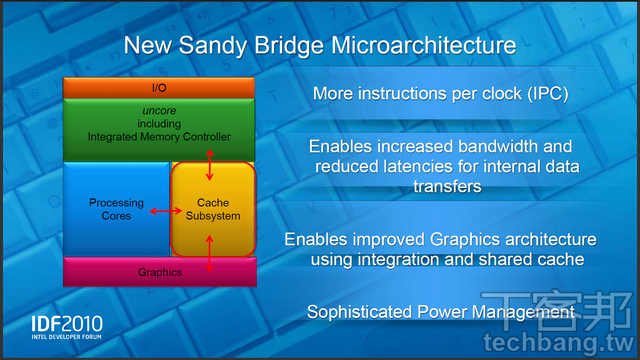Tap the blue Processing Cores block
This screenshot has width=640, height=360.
116,209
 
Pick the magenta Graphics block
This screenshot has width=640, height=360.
160,272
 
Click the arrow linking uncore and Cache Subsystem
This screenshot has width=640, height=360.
210,158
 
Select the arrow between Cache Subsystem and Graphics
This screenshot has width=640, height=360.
210,253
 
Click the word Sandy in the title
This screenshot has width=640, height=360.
237,46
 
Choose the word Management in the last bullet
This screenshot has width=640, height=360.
523,314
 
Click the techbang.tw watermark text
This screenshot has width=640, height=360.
585,343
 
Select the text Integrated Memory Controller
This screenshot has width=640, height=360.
160,135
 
